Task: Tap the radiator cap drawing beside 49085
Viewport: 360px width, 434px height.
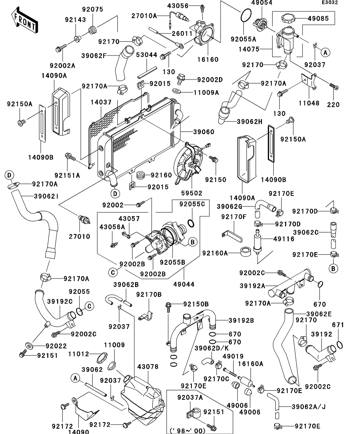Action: click(289, 18)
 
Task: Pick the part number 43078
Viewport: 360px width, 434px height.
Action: click(148, 367)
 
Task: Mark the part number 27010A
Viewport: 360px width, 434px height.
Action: click(144, 15)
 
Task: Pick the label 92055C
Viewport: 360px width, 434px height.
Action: click(192, 204)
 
